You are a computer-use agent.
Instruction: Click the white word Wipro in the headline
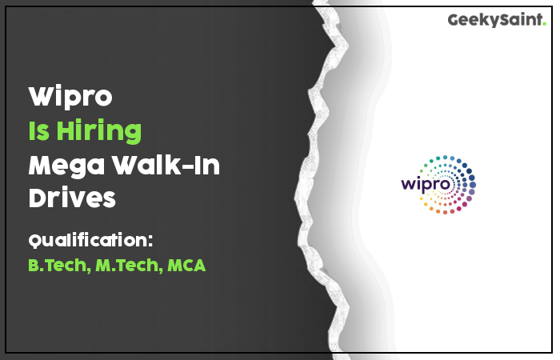click(70, 97)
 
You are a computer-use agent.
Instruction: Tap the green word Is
click(38, 130)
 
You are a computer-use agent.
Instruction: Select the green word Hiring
click(99, 132)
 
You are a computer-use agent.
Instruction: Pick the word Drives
click(72, 198)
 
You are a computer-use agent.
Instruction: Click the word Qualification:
click(90, 240)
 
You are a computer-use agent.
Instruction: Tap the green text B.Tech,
click(59, 266)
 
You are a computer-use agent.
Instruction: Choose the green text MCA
click(186, 266)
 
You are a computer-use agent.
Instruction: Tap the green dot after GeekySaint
click(544, 24)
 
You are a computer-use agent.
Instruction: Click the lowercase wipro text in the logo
click(426, 184)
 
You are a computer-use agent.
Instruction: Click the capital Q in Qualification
click(35, 240)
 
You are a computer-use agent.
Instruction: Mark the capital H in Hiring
click(65, 130)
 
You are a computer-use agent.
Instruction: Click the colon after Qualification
click(150, 241)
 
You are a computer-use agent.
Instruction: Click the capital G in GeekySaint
click(454, 20)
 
